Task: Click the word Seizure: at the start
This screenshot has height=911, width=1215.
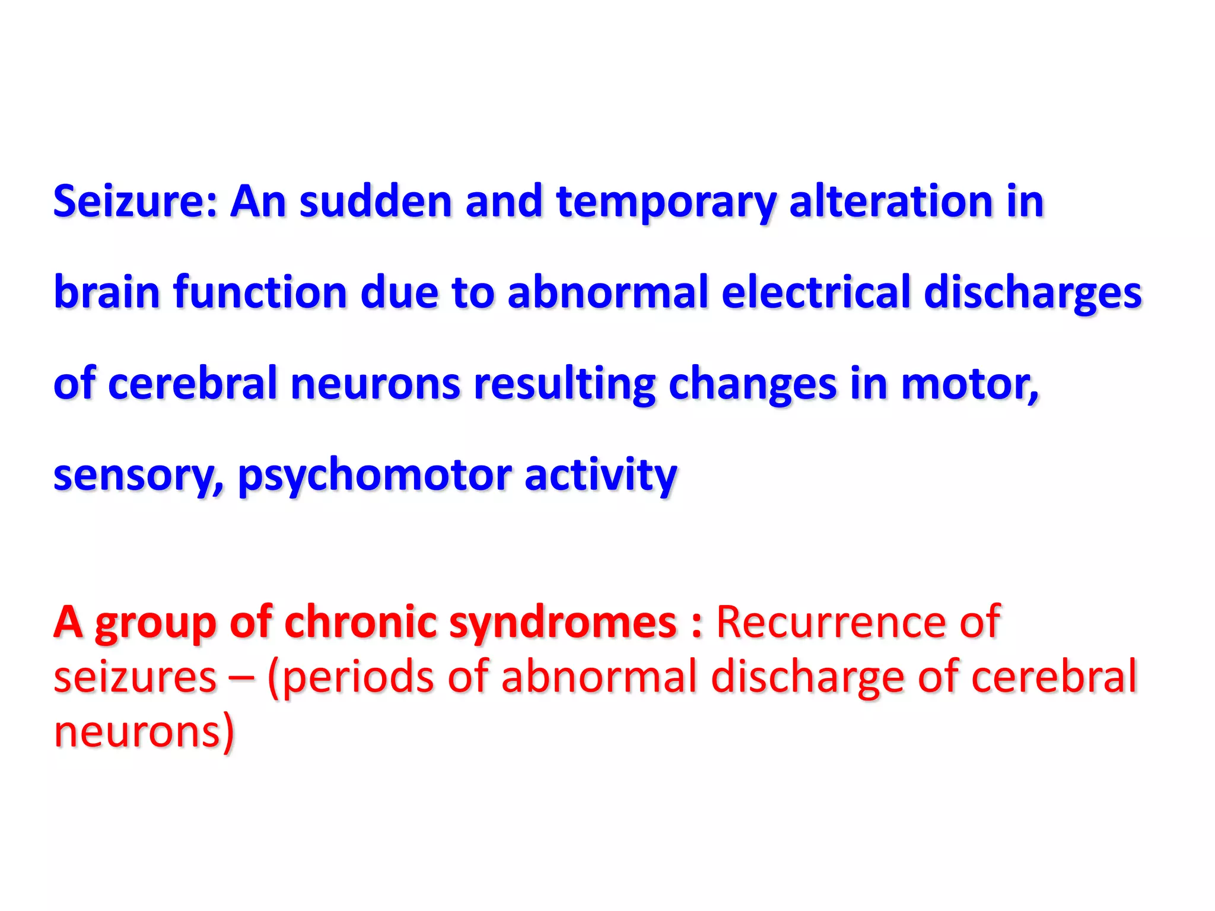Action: coord(136,202)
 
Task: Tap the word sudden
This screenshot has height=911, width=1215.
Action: coord(376,202)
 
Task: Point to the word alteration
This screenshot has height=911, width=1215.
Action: coord(890,202)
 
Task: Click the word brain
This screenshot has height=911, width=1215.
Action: coord(107,292)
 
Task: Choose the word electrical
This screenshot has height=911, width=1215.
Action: coord(816,292)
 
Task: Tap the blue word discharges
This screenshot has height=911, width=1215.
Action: coord(1032,292)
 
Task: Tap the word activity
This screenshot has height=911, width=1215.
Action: coord(600,475)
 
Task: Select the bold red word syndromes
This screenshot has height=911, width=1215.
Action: coord(563,622)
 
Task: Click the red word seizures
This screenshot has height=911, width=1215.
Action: coord(135,677)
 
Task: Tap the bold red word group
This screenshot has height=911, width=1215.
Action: coord(155,622)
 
